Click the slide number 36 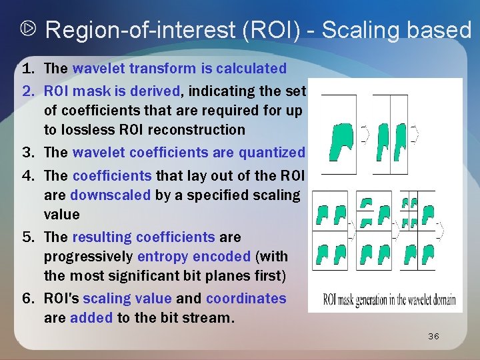coord(433,337)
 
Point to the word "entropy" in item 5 coord(160,257)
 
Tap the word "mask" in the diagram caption coord(353,299)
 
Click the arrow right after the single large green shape coord(364,135)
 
